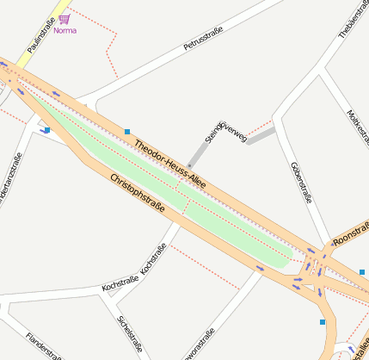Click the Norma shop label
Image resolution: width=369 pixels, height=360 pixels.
click(x=65, y=31)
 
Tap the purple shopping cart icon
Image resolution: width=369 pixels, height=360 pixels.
click(x=65, y=19)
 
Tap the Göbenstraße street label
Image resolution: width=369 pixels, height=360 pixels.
click(x=301, y=181)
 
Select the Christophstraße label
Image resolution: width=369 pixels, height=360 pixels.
click(x=138, y=194)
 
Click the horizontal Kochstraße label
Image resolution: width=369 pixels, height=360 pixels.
click(x=120, y=282)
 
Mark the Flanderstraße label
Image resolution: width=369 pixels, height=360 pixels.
click(x=43, y=345)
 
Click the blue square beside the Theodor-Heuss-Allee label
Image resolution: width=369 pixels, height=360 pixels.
click(x=127, y=132)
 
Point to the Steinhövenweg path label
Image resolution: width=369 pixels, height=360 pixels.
click(x=225, y=133)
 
